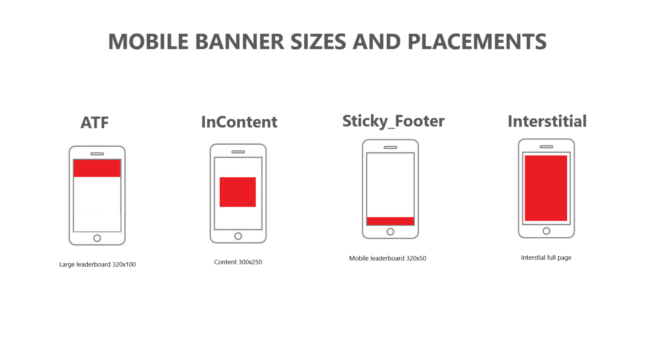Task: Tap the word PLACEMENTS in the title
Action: [x=477, y=42]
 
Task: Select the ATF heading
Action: [x=95, y=123]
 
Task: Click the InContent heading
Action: [x=239, y=122]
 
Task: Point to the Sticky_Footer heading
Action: [x=393, y=121]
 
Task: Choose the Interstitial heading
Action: [x=547, y=121]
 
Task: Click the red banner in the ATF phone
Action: [x=97, y=168]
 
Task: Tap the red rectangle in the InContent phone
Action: [x=238, y=192]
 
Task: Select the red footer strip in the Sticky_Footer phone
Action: [x=390, y=221]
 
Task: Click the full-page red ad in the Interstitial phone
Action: [x=546, y=188]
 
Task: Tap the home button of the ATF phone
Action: [x=97, y=238]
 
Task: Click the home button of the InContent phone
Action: [x=238, y=236]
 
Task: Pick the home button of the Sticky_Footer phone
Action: [x=390, y=232]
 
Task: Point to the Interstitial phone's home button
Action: [x=546, y=231]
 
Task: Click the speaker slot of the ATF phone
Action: [x=97, y=154]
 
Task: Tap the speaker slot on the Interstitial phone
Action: [x=546, y=147]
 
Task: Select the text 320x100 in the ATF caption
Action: [x=124, y=265]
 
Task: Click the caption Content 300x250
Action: [x=238, y=262]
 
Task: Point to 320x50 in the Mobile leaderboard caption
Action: [x=416, y=258]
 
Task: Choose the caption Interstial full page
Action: [x=546, y=258]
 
